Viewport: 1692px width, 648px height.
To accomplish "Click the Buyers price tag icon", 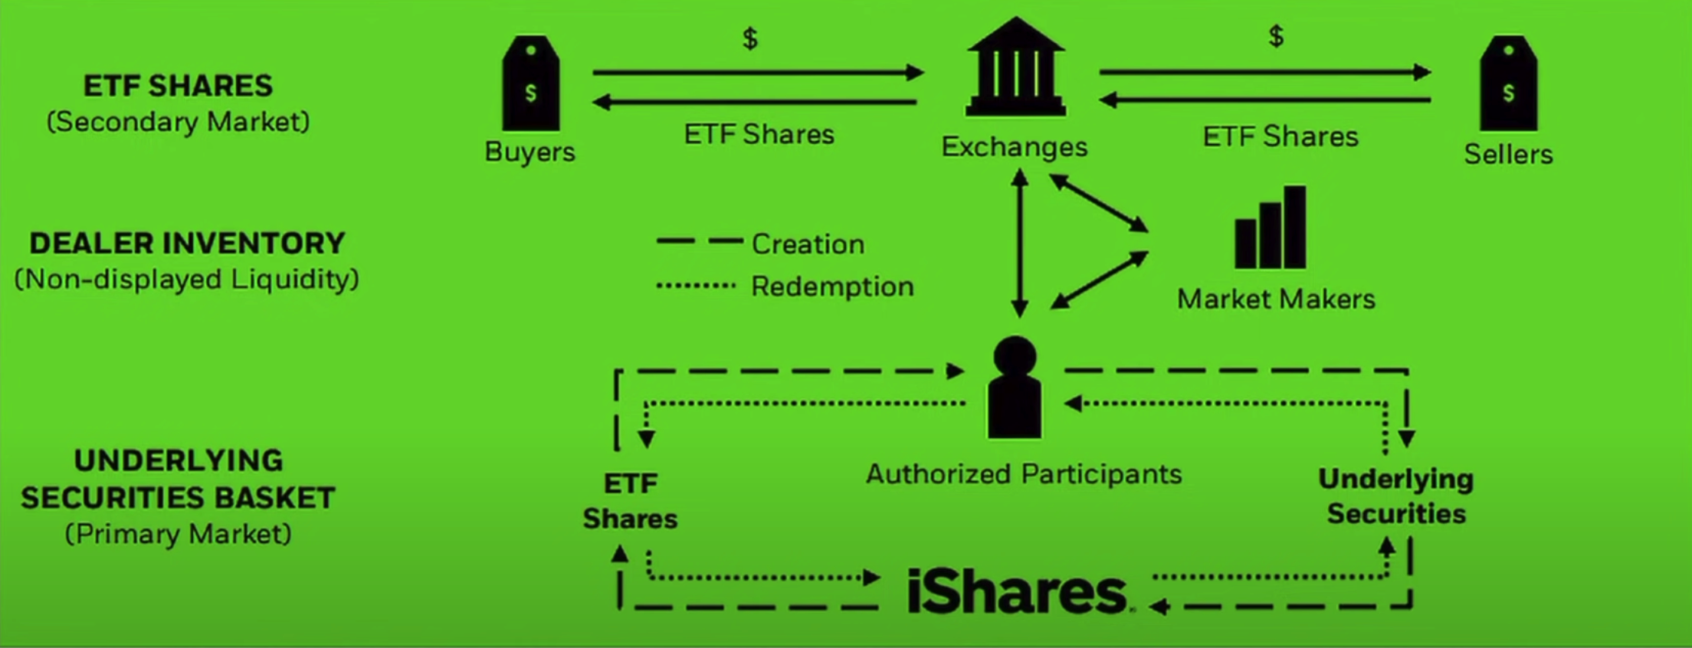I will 530,83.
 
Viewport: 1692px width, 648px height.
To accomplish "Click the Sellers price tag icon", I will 1508,83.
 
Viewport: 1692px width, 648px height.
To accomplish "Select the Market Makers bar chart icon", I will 1270,227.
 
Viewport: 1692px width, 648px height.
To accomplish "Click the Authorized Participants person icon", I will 1015,388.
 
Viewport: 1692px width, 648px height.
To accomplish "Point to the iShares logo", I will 1018,592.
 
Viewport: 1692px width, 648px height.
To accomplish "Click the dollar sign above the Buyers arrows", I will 750,38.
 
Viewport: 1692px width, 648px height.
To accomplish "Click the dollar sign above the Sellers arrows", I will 1276,35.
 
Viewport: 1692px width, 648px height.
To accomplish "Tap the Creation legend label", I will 808,244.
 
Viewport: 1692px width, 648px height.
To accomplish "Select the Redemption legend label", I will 832,286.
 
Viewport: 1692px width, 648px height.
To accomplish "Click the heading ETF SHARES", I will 178,86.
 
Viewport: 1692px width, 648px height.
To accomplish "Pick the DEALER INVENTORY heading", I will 187,244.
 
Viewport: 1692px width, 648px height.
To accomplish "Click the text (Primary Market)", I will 178,534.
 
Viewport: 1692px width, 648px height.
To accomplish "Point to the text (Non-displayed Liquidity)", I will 187,280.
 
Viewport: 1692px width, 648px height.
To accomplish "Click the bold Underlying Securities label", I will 1395,496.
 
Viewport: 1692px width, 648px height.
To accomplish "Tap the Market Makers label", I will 1276,299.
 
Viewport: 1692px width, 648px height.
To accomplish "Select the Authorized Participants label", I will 1024,474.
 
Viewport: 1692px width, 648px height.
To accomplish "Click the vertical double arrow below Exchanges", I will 1019,244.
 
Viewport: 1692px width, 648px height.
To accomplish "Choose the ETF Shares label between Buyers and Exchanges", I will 759,135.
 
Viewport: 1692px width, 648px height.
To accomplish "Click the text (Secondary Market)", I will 178,122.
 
